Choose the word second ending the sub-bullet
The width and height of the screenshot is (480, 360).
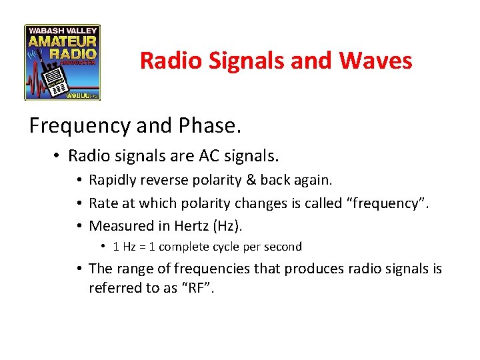coord(283,247)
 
